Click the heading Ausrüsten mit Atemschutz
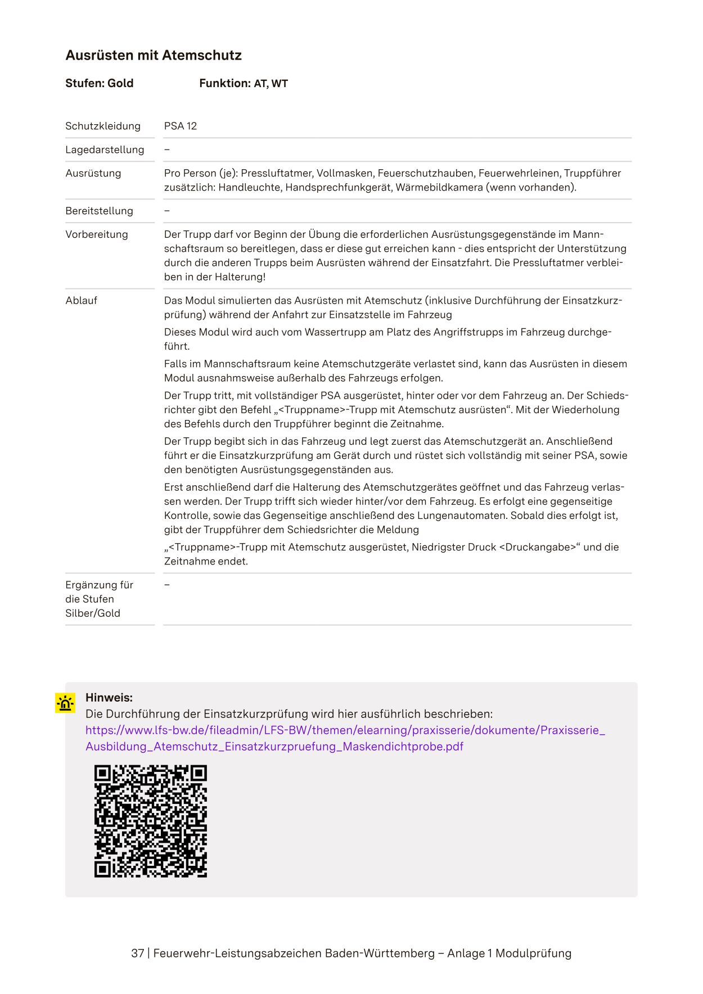154,55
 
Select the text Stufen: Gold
99,83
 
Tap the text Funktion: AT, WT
243,83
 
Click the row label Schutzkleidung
103,126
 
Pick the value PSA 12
181,126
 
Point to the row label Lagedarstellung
105,150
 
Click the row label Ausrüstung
93,173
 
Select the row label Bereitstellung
99,211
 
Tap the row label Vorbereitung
97,234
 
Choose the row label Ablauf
81,300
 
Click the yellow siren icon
65,703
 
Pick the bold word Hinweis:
109,698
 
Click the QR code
151,821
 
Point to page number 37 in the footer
137,953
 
